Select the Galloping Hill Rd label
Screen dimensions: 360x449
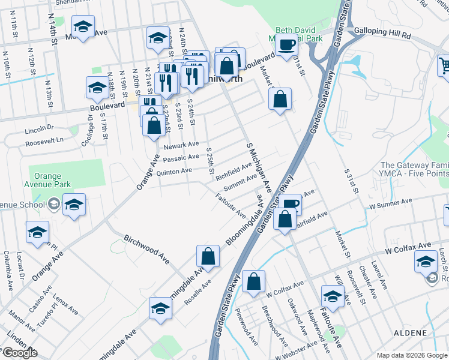(382, 35)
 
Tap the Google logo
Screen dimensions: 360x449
(20, 353)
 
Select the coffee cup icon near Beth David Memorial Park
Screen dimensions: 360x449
(287, 43)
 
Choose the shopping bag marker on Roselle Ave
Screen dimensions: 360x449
(208, 256)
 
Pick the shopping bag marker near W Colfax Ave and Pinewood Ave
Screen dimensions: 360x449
(254, 281)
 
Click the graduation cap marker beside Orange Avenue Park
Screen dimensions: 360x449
(74, 205)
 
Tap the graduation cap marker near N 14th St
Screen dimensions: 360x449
(83, 27)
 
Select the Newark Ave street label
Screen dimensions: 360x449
(181, 145)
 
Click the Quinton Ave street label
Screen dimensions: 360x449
(173, 171)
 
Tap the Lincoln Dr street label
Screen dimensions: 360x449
(40, 128)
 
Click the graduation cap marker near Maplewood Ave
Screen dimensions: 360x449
(333, 296)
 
